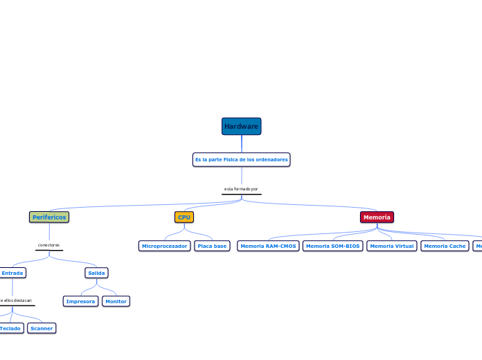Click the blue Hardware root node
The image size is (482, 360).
point(241,126)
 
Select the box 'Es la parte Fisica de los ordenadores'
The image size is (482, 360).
point(241,160)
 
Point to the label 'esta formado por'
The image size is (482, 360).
point(241,189)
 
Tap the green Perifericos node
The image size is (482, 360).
point(49,217)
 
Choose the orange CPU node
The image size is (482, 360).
point(184,217)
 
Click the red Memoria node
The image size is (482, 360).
point(377,217)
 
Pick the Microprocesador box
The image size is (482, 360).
point(164,246)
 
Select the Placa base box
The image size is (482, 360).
point(212,246)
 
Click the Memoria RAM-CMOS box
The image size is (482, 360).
point(268,246)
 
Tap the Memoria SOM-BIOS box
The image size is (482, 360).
point(332,246)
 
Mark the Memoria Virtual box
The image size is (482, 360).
point(391,246)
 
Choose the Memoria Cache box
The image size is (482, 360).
point(445,246)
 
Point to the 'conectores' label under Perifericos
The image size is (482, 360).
point(48,245)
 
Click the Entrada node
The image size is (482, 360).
point(12,273)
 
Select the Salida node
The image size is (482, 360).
point(96,273)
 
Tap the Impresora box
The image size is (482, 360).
point(80,301)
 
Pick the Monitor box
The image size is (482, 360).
point(116,301)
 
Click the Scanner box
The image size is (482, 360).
point(42,328)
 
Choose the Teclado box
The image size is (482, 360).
point(10,328)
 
